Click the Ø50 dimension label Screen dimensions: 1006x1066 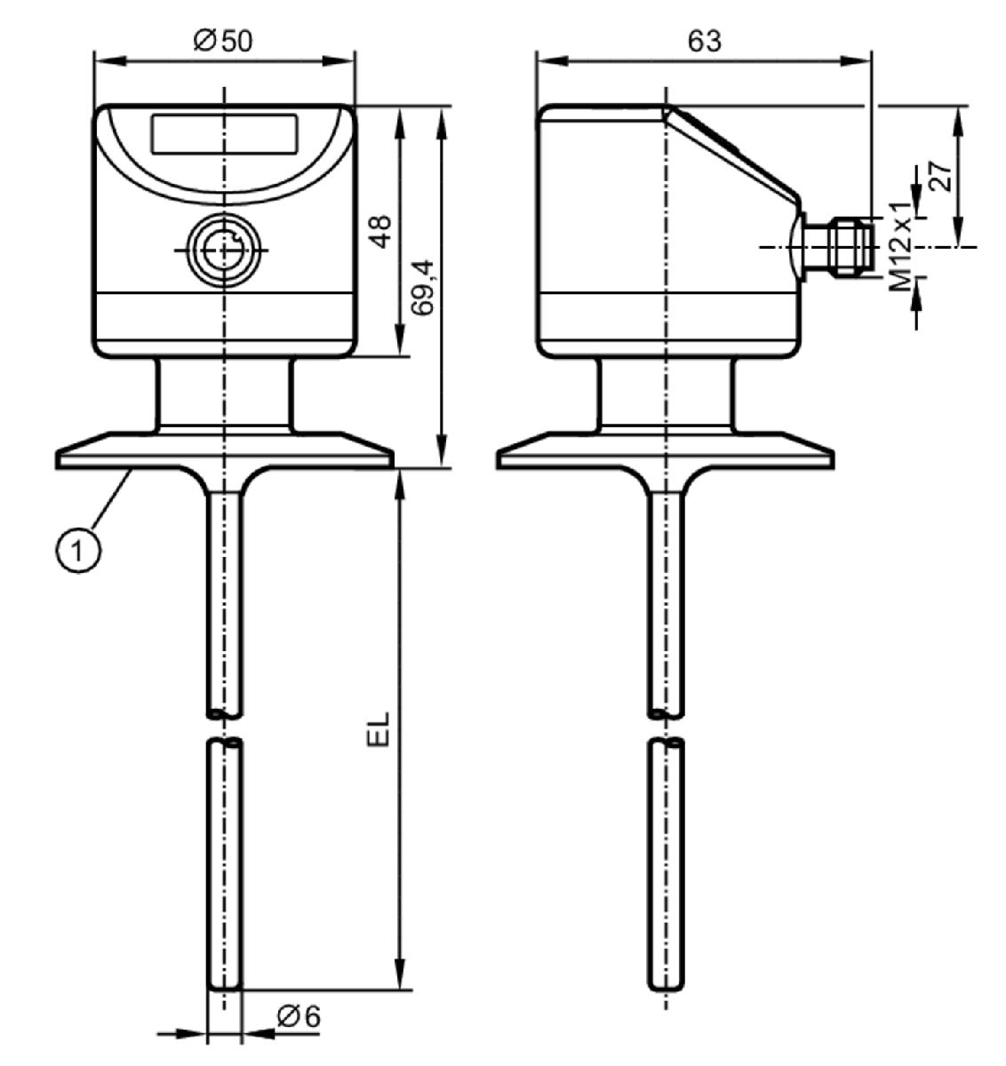223,42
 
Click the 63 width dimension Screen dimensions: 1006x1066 704,42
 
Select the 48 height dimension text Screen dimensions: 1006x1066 382,232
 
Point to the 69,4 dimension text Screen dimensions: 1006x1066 423,287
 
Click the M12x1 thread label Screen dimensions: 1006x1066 900,247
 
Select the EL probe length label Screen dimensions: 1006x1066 378,730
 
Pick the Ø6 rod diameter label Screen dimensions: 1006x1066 299,1016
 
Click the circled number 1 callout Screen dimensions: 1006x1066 78,551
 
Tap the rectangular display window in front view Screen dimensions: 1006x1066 225,133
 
